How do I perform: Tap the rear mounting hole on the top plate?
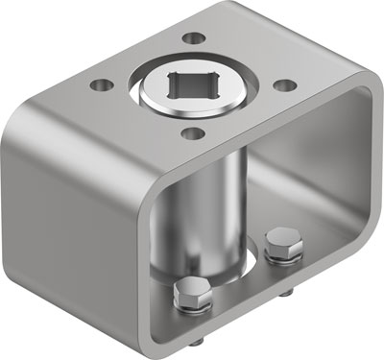pyautogui.click(x=196, y=39)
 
